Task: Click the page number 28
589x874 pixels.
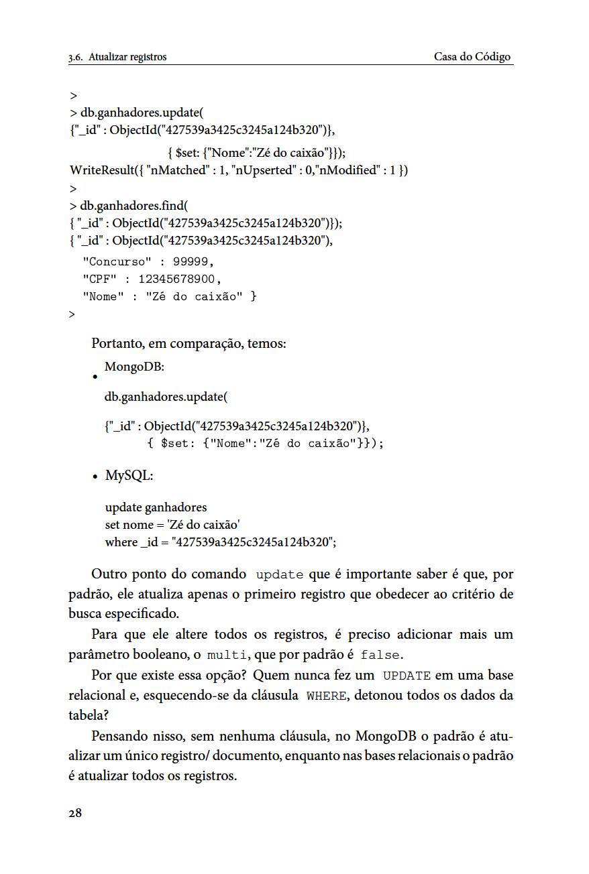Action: (x=75, y=814)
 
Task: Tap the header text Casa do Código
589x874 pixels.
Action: (x=472, y=57)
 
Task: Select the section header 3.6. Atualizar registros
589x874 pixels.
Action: (x=117, y=57)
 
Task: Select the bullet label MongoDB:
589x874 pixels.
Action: (x=135, y=367)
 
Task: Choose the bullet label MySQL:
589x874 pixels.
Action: (x=129, y=476)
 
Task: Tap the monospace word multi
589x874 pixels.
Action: (x=225, y=655)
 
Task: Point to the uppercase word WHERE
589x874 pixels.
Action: (x=326, y=696)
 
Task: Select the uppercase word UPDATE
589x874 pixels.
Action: (x=407, y=676)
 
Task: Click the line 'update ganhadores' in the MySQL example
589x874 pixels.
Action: (x=156, y=507)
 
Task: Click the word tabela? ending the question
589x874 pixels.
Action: (x=89, y=715)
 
